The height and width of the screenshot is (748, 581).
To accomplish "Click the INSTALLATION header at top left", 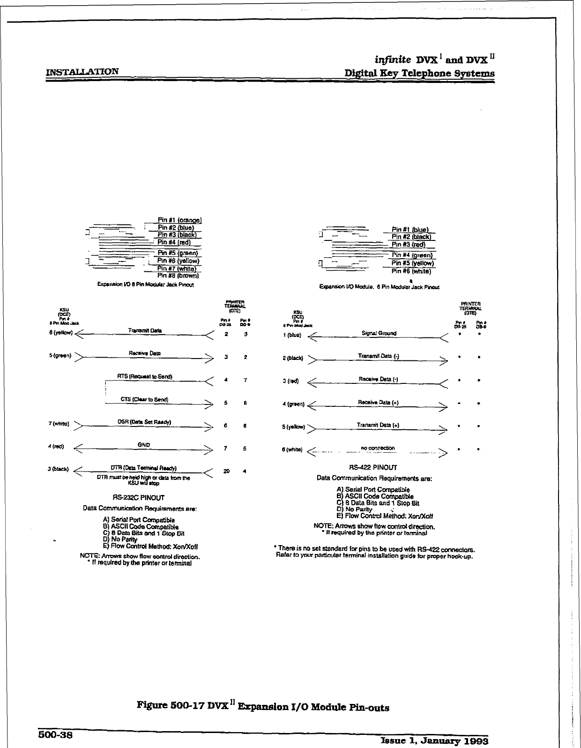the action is pos(82,72).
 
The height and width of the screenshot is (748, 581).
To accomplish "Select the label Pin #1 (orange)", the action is pos(179,220).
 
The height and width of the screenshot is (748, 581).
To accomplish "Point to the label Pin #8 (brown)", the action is pos(179,276).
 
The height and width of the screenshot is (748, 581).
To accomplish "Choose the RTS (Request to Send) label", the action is pos(145,376).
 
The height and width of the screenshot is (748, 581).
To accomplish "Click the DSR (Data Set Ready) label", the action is pos(144,422).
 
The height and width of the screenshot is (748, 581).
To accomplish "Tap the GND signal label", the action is pos(144,444).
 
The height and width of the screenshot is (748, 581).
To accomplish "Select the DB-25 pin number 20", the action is pos(226,471).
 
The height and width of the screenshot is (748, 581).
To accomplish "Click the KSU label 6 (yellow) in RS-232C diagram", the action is pos(60,333).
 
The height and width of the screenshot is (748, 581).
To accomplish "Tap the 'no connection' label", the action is pos(378,448).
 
